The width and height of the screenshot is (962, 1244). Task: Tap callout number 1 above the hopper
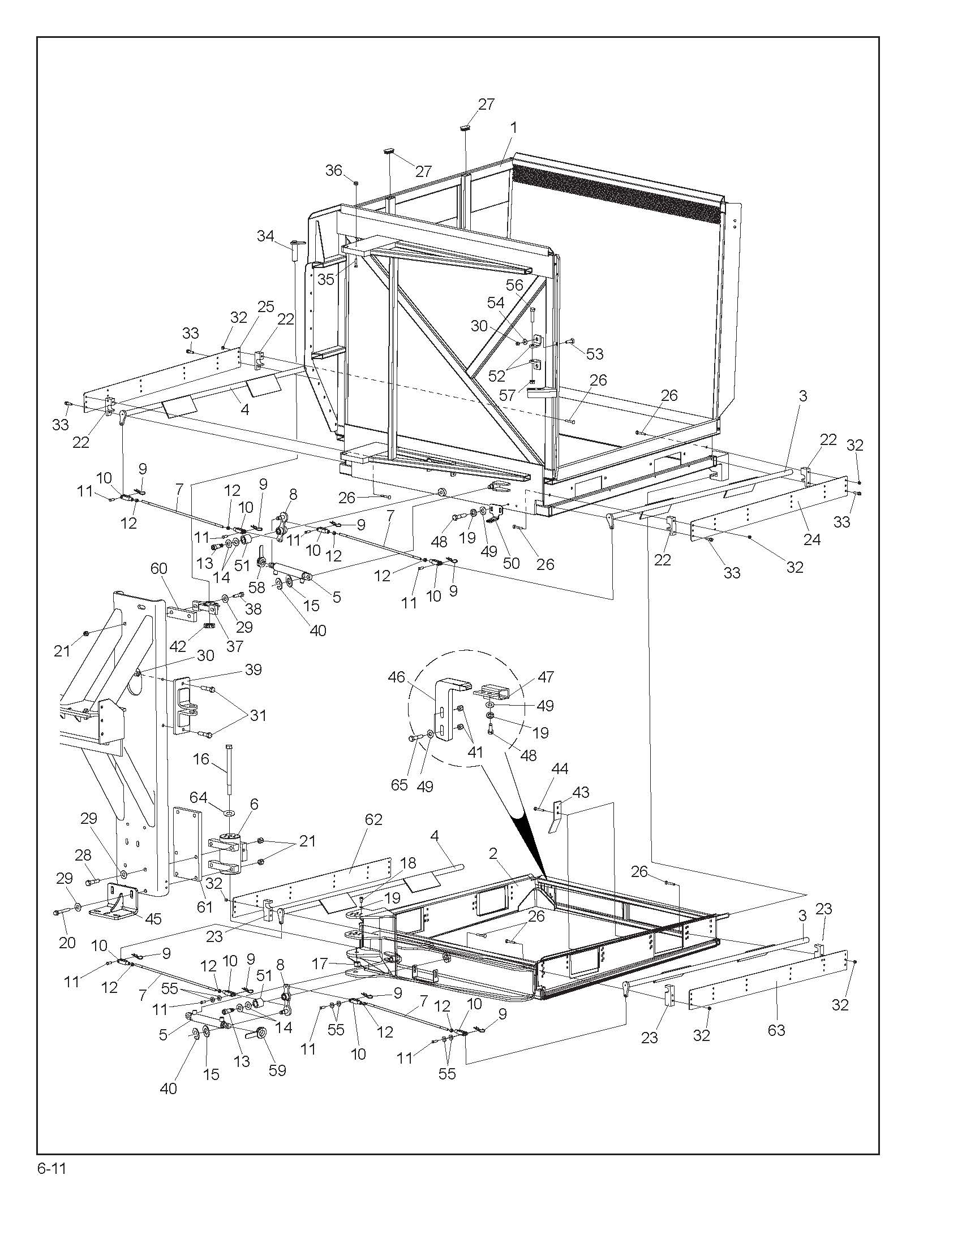513,128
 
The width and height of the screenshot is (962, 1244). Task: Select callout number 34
265,236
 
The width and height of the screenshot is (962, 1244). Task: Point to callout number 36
334,170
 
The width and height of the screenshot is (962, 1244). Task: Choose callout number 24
811,539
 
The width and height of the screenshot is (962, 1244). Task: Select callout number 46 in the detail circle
397,677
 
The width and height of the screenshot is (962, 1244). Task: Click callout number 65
400,785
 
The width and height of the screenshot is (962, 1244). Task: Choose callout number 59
277,1070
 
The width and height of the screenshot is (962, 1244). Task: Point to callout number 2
493,853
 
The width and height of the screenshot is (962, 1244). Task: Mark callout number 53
594,354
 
